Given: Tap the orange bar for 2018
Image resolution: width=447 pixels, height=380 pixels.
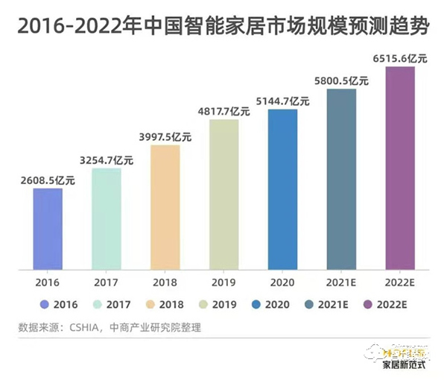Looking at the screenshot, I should (x=165, y=206).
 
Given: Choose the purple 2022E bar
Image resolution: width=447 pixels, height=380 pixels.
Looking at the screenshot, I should (x=399, y=168).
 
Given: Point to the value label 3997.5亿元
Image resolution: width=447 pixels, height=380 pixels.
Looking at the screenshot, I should (x=165, y=136).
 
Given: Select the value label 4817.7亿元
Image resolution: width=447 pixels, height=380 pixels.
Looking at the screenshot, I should (x=224, y=111).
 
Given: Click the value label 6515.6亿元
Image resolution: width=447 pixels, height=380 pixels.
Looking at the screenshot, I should (x=399, y=57).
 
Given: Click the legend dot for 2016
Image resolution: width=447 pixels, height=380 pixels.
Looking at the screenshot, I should (x=45, y=304).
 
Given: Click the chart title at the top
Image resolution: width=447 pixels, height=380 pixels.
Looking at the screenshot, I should (x=223, y=28).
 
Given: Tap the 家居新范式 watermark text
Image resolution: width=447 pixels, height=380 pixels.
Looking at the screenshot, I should (x=408, y=366).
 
